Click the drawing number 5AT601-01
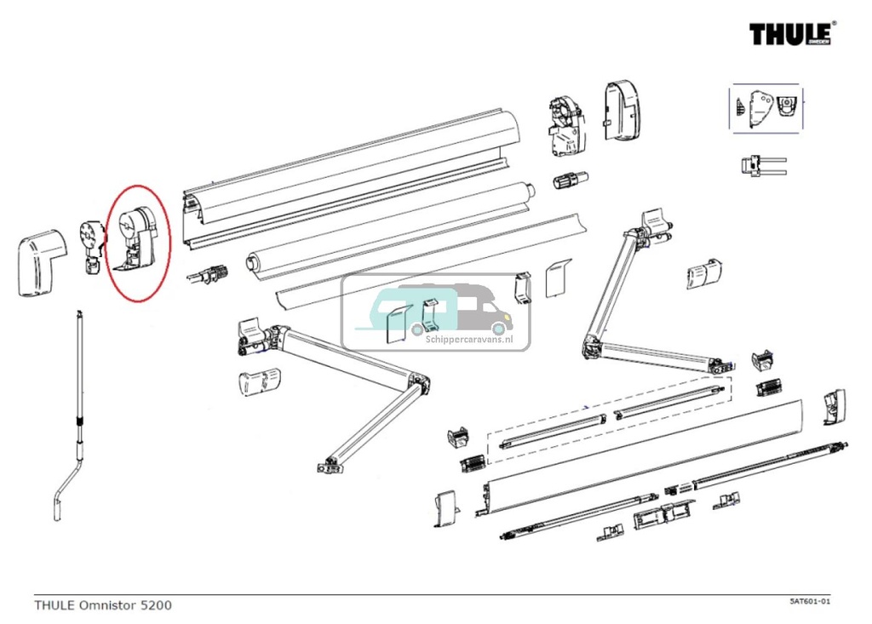tap(809, 602)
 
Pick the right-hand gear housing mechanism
tap(564, 125)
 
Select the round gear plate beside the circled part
tap(90, 238)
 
